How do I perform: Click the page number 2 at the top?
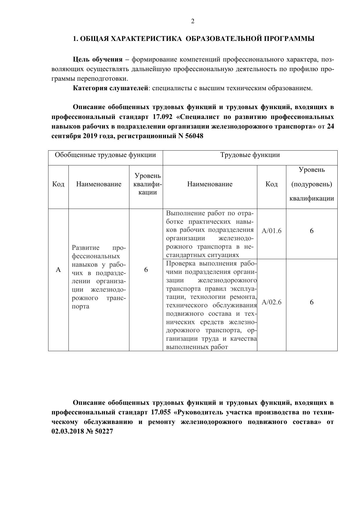(x=193, y=21)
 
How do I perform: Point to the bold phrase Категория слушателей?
(x=111, y=88)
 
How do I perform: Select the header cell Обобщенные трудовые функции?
(x=105, y=155)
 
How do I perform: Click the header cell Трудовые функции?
(x=250, y=155)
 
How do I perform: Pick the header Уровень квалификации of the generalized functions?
(x=147, y=184)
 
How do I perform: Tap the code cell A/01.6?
(x=272, y=231)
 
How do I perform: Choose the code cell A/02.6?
(x=272, y=302)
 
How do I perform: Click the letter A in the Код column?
(x=58, y=270)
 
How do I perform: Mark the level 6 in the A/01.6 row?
(x=312, y=231)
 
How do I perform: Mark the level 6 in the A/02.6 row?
(x=312, y=302)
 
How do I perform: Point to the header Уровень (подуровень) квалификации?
(x=312, y=184)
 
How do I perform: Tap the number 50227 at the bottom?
(x=104, y=431)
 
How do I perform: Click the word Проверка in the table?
(x=181, y=264)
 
